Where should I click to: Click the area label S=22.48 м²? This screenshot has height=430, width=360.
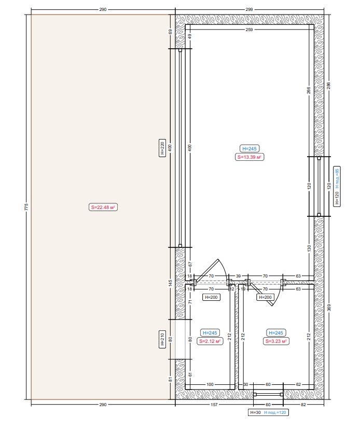pyautogui.click(x=103, y=207)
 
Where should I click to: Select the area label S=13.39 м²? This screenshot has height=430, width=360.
pyautogui.click(x=249, y=157)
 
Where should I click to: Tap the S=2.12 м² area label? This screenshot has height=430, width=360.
pyautogui.click(x=210, y=341)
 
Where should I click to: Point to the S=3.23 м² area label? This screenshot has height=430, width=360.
pyautogui.click(x=276, y=341)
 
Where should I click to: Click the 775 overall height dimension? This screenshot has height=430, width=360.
pyautogui.click(x=26, y=207)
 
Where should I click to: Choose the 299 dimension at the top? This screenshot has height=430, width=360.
pyautogui.click(x=249, y=9)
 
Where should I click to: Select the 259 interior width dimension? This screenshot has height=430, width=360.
pyautogui.click(x=249, y=30)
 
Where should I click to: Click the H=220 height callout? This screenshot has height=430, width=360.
pyautogui.click(x=162, y=148)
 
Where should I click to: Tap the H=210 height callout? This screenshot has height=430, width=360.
pyautogui.click(x=162, y=339)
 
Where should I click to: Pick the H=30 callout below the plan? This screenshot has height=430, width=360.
pyautogui.click(x=255, y=412)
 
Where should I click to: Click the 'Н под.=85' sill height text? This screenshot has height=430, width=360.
pyautogui.click(x=337, y=178)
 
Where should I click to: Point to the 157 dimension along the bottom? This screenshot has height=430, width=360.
pyautogui.click(x=214, y=405)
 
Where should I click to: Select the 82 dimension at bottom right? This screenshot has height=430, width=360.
pyautogui.click(x=303, y=405)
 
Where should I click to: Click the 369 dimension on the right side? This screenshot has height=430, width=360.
pyautogui.click(x=329, y=308)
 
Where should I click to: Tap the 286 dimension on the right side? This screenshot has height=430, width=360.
pyautogui.click(x=329, y=86)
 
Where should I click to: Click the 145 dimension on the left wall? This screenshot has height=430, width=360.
pyautogui.click(x=170, y=283)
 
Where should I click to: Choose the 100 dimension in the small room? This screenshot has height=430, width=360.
pyautogui.click(x=210, y=384)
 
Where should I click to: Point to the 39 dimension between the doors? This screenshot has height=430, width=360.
pyautogui.click(x=238, y=276)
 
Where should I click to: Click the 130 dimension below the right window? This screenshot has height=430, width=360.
pyautogui.click(x=309, y=248)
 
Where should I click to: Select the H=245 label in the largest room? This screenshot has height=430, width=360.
pyautogui.click(x=250, y=149)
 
